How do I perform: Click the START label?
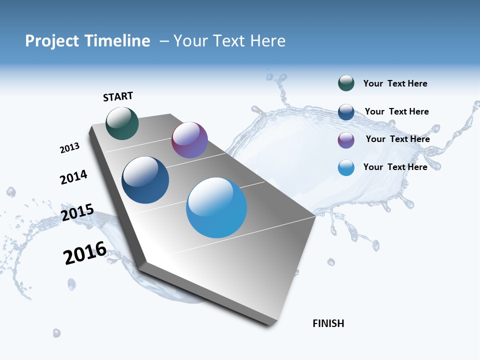(118, 96)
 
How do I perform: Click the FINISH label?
(328, 323)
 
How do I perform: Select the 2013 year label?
(69, 148)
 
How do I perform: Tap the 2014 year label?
(73, 177)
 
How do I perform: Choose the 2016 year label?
(85, 253)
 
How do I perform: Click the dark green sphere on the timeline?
(122, 123)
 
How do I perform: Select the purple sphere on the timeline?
(189, 140)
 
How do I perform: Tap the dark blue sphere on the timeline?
(145, 180)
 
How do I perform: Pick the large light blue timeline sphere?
(216, 207)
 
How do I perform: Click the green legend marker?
(346, 83)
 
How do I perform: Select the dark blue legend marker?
(346, 112)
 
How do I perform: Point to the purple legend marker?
(346, 140)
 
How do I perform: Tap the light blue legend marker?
(346, 167)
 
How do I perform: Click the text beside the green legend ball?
(395, 84)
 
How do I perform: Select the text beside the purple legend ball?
(397, 139)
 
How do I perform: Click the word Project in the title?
(51, 41)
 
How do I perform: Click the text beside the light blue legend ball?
(395, 167)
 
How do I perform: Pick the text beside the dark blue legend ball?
(396, 111)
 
